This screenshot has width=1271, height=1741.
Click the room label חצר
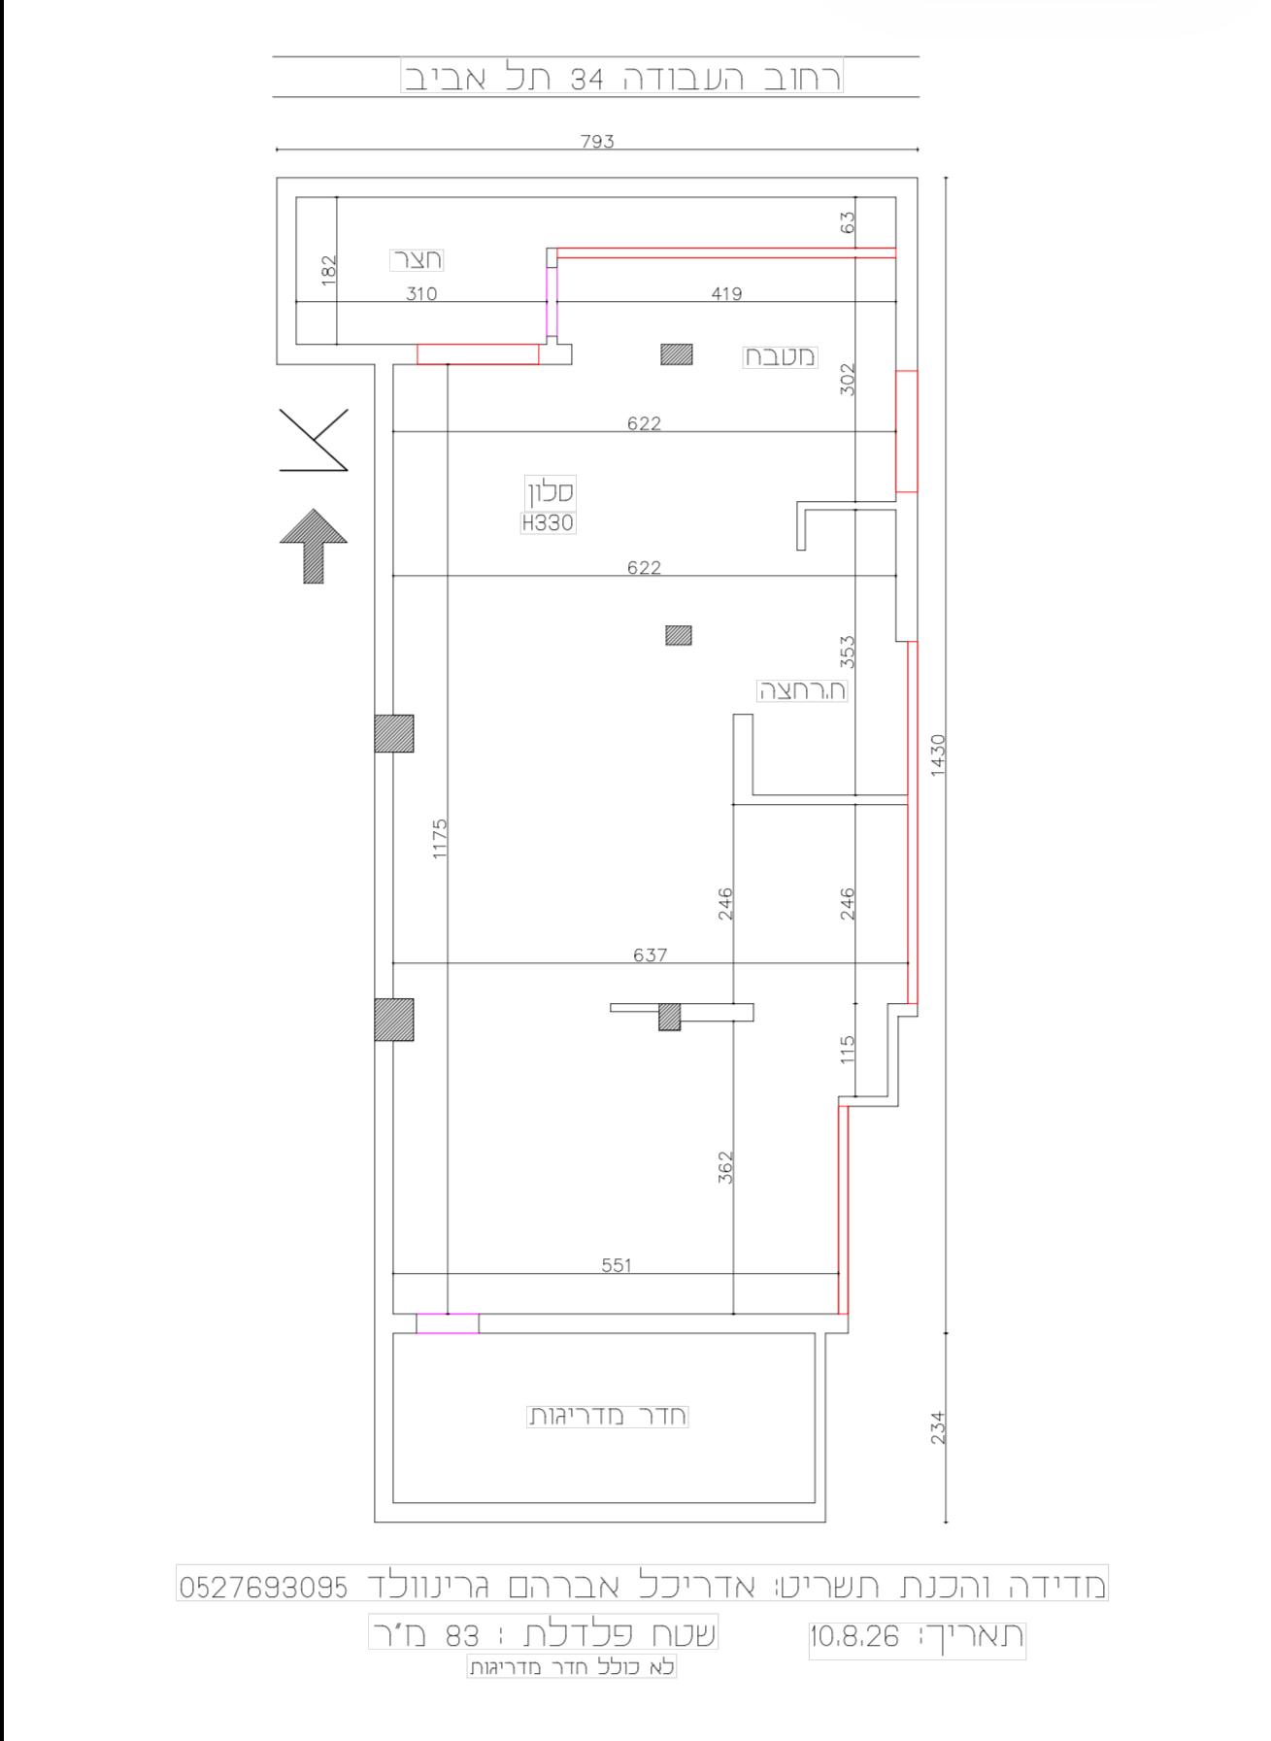pos(417,260)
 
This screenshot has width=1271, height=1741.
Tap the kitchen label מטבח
pos(781,356)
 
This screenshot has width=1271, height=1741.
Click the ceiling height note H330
pos(548,523)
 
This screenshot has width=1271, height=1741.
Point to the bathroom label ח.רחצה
pos(802,690)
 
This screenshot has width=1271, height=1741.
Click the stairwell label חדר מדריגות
pos(607,1416)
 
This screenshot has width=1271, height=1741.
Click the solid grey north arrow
pos(314,546)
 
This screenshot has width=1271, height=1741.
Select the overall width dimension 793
pos(598,141)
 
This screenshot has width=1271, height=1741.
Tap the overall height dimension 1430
pos(937,754)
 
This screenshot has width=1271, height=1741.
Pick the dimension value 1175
pos(440,839)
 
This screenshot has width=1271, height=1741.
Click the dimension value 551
pos(616,1265)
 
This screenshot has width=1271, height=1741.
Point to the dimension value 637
pos(650,954)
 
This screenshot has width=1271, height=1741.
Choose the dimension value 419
pos(726,293)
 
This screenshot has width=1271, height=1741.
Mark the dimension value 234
pos(937,1427)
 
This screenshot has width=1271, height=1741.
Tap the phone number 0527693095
pos(264,1588)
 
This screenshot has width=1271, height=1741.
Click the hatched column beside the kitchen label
pos(677,354)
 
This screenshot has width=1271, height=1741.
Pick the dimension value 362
pos(725,1167)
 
